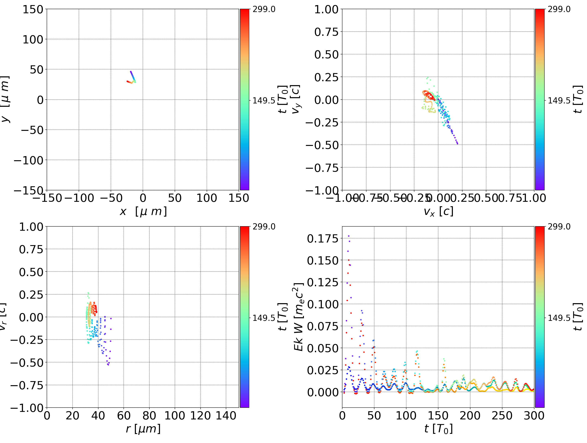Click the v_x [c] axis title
438,212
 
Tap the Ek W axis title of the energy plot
299,317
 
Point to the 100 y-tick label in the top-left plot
33,39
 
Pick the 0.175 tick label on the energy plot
323,238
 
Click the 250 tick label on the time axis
502,416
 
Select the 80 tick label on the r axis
149,416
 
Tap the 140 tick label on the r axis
226,416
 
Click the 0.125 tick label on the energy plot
323,282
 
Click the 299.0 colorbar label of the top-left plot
264,9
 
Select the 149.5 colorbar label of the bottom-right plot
559,318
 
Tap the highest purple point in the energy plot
349,236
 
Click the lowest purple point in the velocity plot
457,144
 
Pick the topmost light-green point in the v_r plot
88,293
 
